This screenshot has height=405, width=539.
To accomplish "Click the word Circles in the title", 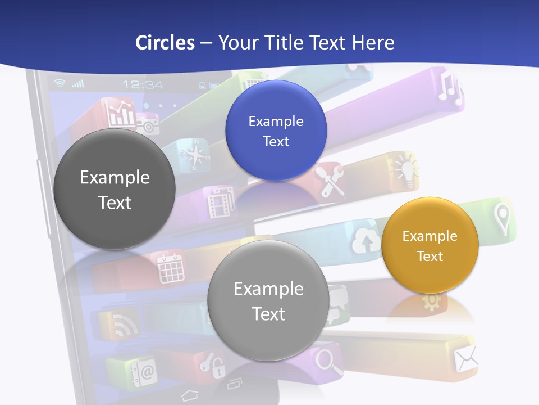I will tap(165, 43).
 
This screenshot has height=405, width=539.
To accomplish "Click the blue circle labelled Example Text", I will tap(276, 130).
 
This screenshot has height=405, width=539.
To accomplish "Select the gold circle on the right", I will tap(430, 245).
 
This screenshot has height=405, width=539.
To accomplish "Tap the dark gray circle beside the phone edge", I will tap(115, 189).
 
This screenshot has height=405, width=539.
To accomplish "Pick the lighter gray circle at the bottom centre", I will tap(268, 300).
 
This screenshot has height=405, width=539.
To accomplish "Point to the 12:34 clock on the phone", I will tap(143, 85).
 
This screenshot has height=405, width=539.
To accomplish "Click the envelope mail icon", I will tap(465, 359).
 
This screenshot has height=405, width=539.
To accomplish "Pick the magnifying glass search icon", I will tap(329, 360).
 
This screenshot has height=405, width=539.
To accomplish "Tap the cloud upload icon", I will tap(365, 242).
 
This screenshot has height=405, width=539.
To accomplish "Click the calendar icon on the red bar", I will tap(171, 268).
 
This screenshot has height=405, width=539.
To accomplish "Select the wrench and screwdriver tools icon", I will tap(330, 181).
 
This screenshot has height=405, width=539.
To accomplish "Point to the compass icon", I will tap(193, 155).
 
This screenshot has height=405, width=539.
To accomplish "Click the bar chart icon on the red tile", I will tap(122, 114).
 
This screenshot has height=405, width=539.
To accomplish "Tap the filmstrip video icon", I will tap(217, 203).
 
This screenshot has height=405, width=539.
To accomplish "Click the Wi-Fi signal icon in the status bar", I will tap(59, 84).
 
